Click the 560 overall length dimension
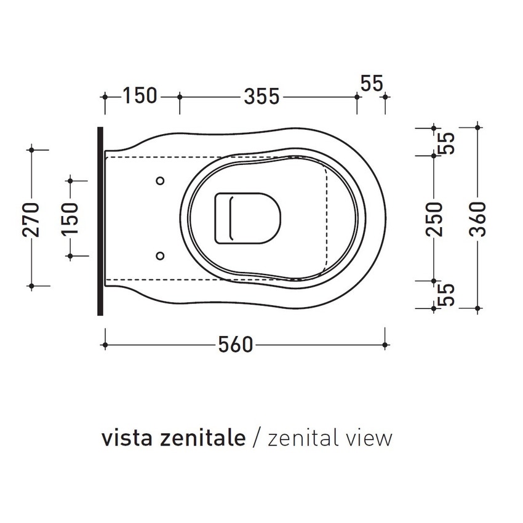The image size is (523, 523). [x=236, y=345]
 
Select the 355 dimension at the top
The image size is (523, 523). [x=261, y=97]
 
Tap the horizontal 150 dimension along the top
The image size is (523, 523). [x=140, y=97]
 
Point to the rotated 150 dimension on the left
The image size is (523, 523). [x=70, y=218]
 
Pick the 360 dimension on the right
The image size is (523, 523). [x=479, y=218]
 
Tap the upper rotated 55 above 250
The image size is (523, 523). [x=448, y=142]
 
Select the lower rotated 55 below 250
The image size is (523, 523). [x=448, y=294]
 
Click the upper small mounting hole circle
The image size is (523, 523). [x=160, y=180]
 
